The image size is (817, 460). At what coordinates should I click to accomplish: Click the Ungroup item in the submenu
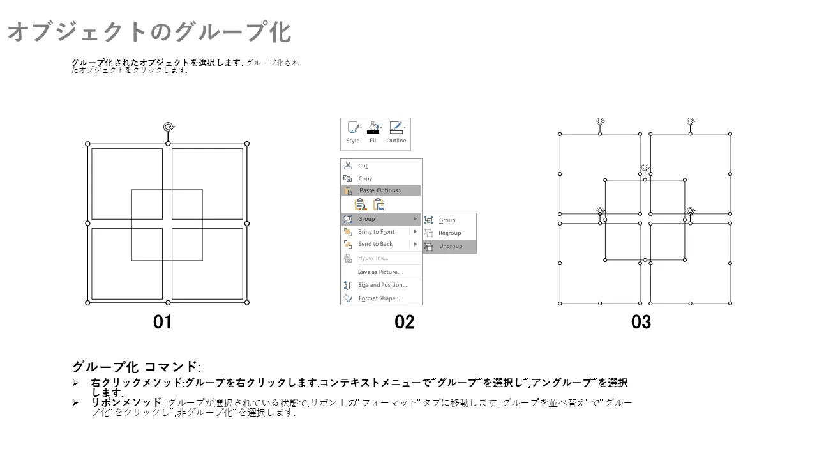(449, 247)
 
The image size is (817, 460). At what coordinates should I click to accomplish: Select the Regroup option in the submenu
(449, 233)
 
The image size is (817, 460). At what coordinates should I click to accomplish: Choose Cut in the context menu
(363, 165)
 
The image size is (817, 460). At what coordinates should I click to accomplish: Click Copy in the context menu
(365, 178)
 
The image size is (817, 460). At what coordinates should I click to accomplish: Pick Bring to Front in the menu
(376, 232)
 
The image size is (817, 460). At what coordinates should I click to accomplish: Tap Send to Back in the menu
(375, 244)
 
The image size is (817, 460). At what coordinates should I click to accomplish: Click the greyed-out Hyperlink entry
(373, 259)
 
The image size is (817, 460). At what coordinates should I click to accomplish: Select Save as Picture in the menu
(380, 272)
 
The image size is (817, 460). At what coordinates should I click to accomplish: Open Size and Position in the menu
(382, 285)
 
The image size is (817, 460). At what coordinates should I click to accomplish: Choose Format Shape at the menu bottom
(379, 298)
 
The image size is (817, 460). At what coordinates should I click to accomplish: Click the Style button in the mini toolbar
(353, 132)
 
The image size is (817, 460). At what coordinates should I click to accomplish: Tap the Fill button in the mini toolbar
(373, 132)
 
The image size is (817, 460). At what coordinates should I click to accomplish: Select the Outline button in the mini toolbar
(396, 132)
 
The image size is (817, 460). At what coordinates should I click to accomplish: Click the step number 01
(162, 322)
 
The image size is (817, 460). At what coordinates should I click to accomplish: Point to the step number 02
(404, 322)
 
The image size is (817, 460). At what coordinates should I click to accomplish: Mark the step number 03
(641, 322)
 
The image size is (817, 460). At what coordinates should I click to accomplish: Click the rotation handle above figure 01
(169, 126)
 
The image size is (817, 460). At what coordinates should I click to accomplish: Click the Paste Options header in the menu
(379, 190)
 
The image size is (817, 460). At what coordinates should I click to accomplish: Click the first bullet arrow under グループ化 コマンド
(75, 383)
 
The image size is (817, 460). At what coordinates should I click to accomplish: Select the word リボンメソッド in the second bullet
(126, 402)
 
